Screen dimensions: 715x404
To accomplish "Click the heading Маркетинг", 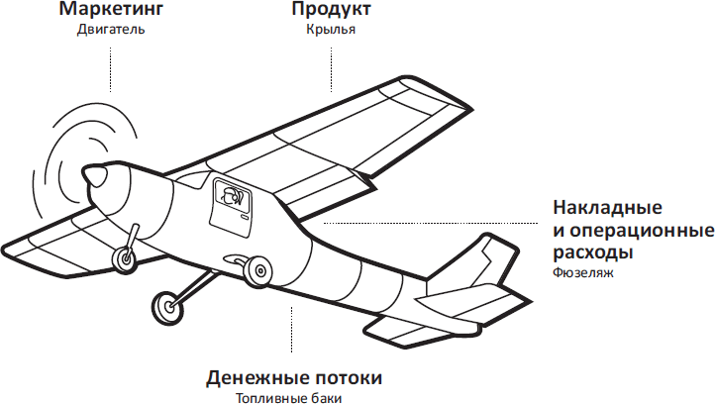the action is [x=111, y=10].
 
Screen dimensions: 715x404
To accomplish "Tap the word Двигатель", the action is [x=111, y=30].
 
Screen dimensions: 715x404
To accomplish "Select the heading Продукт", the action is [x=331, y=10].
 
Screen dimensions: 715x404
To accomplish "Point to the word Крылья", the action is [x=331, y=30].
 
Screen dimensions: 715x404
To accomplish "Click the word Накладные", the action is [x=607, y=208].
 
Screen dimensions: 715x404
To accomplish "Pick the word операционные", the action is [x=642, y=231].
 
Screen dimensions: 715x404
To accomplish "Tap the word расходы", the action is [x=593, y=252].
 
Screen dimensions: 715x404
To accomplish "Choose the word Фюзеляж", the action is [x=583, y=272].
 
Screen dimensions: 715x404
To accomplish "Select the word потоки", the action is [x=343, y=378].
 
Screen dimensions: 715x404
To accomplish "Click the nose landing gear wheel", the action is [x=167, y=307].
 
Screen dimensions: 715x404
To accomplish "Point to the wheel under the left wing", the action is [x=125, y=259].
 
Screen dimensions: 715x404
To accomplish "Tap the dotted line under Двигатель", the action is [x=110, y=69].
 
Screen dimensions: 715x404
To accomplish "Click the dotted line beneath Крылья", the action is [x=331, y=69].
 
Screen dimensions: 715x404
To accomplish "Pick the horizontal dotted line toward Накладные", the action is [x=431, y=224].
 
